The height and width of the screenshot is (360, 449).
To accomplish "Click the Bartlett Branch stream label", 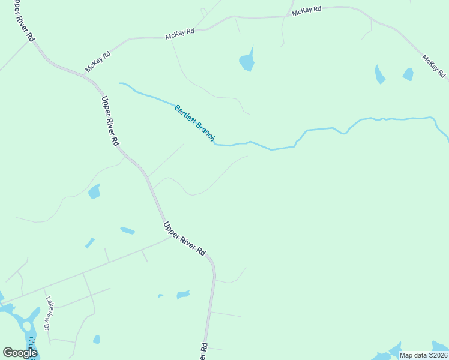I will pos(194,123).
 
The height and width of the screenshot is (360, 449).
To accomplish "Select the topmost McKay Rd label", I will pos(307,11).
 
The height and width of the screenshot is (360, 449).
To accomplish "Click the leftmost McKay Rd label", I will pos(98,62).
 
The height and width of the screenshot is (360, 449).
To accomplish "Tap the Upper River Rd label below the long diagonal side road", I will pos(184,239).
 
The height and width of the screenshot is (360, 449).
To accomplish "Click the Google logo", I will pos(20,352).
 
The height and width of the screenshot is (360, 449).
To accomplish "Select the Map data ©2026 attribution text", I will pos(423,355).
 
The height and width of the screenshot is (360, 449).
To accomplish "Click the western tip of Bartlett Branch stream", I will pos(120,83).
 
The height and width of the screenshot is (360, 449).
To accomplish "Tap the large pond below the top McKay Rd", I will pos(247,61).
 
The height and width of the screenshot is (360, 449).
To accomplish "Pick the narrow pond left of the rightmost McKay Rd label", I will pos(379,74).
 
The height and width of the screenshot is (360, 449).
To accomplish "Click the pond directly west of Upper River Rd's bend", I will pos(94,192).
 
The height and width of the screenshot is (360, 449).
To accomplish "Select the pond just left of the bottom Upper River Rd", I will pos(183,295).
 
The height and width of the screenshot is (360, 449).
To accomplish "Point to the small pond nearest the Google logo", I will pos(97,340).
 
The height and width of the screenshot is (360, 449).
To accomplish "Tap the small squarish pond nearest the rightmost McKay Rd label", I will pos(408,74).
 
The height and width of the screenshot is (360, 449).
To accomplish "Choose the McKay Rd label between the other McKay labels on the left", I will pos(180,34).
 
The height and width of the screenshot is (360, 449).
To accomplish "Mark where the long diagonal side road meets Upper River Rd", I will pos(170,238).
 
